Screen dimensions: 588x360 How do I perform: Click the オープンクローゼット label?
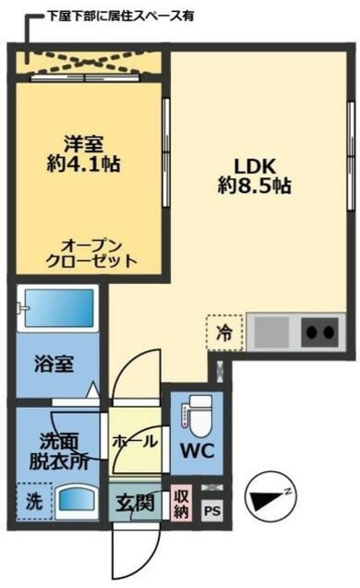point(92,252)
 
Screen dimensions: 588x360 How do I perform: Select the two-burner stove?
point(319,332)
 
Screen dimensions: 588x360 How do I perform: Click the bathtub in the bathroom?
point(57,307)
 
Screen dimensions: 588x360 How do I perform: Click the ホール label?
point(134,442)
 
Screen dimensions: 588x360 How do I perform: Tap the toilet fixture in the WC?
point(197,414)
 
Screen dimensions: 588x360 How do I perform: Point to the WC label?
point(197,451)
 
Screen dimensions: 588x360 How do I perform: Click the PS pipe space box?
point(212,511)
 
